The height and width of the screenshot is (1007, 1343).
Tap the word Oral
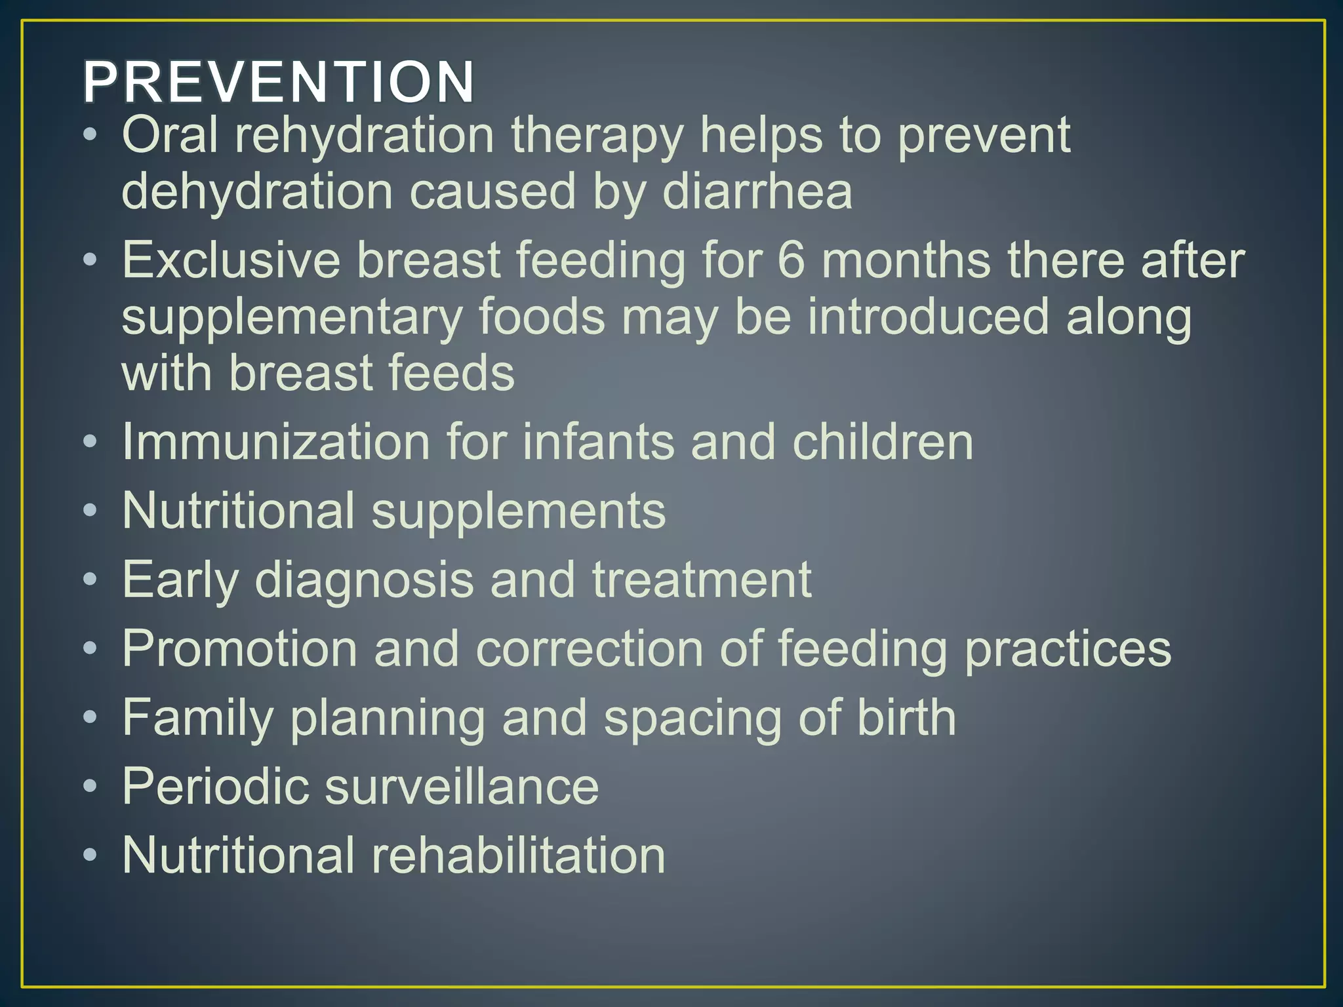170,134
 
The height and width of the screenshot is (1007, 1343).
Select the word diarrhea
757,191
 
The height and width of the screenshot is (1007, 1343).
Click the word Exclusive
231,260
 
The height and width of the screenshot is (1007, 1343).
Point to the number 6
791,260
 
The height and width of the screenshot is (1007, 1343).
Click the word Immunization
275,441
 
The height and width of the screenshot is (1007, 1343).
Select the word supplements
518,511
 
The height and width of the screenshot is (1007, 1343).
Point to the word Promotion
239,649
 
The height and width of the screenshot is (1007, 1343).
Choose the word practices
1068,649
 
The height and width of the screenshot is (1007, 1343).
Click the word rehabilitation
518,855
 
